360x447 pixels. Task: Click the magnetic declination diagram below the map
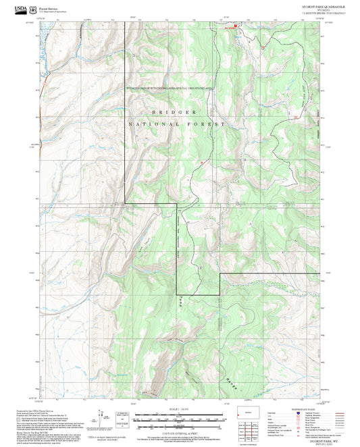point(103,416)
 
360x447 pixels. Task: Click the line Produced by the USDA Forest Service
point(34,409)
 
